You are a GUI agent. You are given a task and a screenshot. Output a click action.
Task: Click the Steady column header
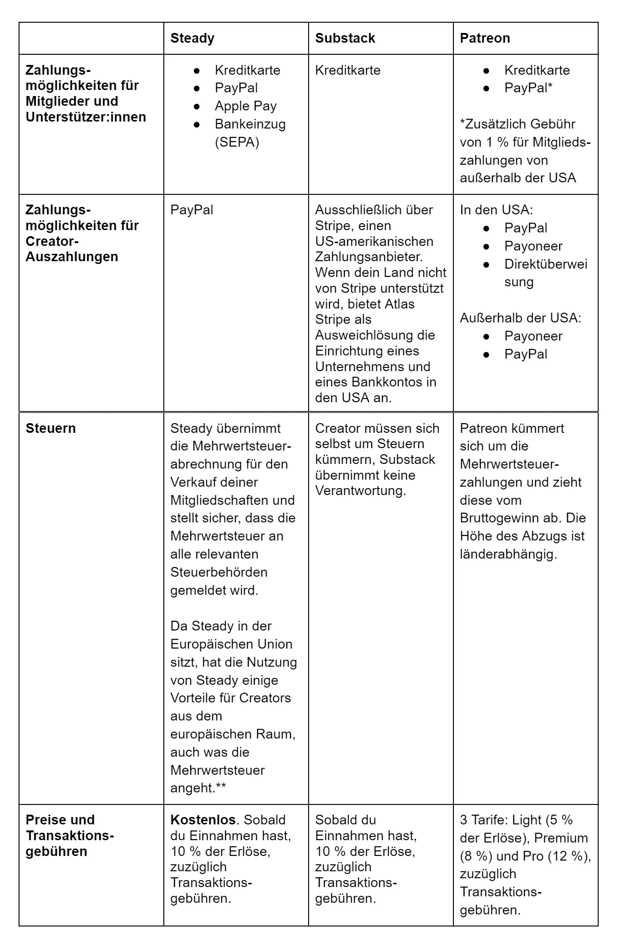[x=192, y=38]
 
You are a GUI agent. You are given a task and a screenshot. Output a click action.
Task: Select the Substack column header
[x=345, y=38]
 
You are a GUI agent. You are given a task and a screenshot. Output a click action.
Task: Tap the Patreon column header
[x=484, y=38]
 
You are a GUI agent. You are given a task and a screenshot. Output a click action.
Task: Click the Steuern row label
[x=51, y=428]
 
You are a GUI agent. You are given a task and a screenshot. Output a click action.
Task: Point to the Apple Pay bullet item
[x=245, y=106]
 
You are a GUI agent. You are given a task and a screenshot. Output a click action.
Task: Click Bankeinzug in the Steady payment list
[x=250, y=124]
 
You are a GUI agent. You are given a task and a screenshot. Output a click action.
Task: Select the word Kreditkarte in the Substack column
[x=348, y=71]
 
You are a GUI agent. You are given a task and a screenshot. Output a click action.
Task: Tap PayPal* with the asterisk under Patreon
[x=528, y=88]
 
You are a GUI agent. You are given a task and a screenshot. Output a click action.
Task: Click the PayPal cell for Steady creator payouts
[x=192, y=210]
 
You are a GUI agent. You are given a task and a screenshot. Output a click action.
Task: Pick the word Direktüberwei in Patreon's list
[x=546, y=264]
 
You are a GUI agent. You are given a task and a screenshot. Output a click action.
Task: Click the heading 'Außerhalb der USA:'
[x=521, y=318]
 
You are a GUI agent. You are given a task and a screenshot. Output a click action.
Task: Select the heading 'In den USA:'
[x=497, y=210]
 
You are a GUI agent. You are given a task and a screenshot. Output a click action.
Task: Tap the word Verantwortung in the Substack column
[x=361, y=491]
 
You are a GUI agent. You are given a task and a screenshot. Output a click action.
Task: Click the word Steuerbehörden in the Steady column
[x=219, y=572]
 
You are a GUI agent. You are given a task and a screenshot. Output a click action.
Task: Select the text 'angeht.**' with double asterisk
[x=198, y=788]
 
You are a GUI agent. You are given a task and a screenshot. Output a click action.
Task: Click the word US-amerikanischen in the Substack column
[x=374, y=241]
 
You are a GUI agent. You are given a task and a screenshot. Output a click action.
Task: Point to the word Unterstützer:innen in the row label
[x=86, y=117]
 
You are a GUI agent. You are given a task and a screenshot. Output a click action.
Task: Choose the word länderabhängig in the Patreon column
[x=508, y=554]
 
